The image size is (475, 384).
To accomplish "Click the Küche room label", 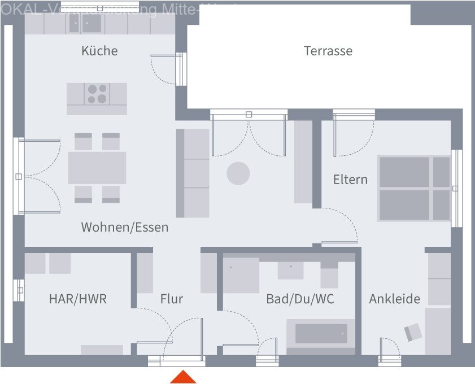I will [99, 51].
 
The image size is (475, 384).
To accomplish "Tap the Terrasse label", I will [328, 51].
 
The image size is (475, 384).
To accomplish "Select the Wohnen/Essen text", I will [124, 227].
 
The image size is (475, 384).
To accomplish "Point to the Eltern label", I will [350, 180].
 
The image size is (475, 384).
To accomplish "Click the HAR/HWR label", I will [77, 299].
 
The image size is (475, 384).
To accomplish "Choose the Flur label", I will [171, 299].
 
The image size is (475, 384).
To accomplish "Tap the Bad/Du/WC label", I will [300, 299].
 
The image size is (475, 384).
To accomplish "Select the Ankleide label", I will [394, 299].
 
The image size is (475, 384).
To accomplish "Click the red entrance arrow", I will [183, 377].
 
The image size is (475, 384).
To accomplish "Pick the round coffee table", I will [238, 173].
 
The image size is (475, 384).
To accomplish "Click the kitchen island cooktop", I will [97, 94].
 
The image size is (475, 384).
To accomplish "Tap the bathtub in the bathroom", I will [321, 334].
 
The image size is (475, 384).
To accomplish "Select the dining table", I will [97, 168].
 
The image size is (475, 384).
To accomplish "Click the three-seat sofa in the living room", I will [193, 173].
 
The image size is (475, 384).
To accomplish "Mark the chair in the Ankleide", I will [413, 333].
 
